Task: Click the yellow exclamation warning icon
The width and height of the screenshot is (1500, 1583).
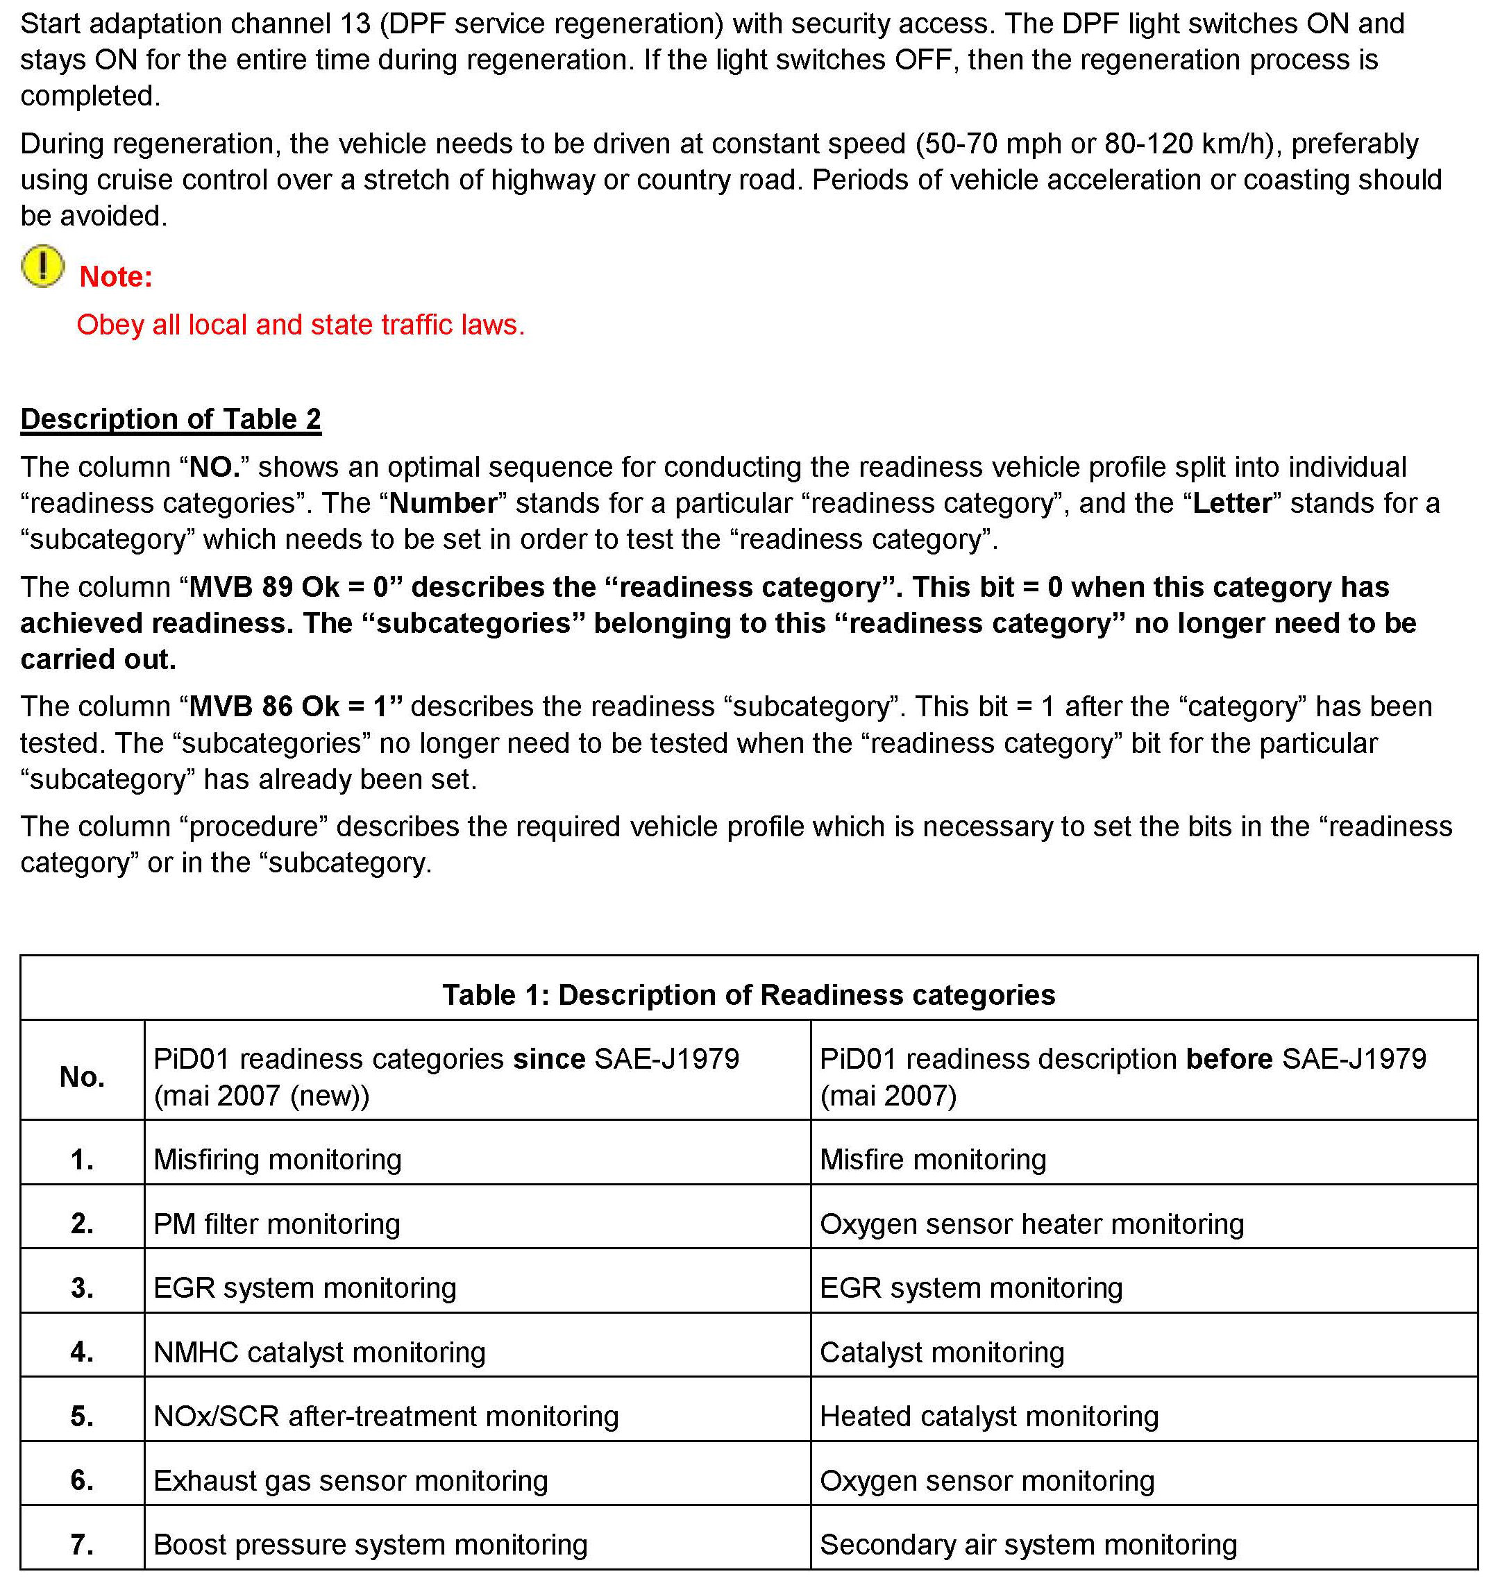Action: [x=42, y=266]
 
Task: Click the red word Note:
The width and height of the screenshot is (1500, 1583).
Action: [x=116, y=277]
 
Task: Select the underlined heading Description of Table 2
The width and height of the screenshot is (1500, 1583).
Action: [x=170, y=419]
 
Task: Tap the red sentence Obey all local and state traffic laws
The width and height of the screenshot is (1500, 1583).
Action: [x=301, y=325]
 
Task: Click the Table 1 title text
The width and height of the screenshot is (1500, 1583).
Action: [x=748, y=994]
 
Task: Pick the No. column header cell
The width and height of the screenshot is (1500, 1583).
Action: [x=83, y=1077]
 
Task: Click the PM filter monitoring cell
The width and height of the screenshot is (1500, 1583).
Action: [x=277, y=1224]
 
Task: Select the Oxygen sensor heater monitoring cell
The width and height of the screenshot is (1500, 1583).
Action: [x=1031, y=1224]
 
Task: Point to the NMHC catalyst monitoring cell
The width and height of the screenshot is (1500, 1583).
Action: [x=319, y=1352]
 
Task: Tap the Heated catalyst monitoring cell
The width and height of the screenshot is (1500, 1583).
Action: [x=989, y=1416]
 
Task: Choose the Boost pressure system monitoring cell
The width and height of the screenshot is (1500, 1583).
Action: [x=370, y=1544]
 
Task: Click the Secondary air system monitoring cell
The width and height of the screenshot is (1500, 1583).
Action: [x=1028, y=1544]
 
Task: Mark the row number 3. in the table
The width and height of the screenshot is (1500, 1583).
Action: [x=83, y=1287]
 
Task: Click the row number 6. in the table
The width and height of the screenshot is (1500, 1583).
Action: [x=83, y=1480]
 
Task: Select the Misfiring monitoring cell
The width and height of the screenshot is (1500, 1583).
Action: [x=278, y=1159]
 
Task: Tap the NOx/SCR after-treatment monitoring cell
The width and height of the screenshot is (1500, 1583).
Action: [x=386, y=1416]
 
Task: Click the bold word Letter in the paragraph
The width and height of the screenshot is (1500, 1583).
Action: [x=1231, y=503]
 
